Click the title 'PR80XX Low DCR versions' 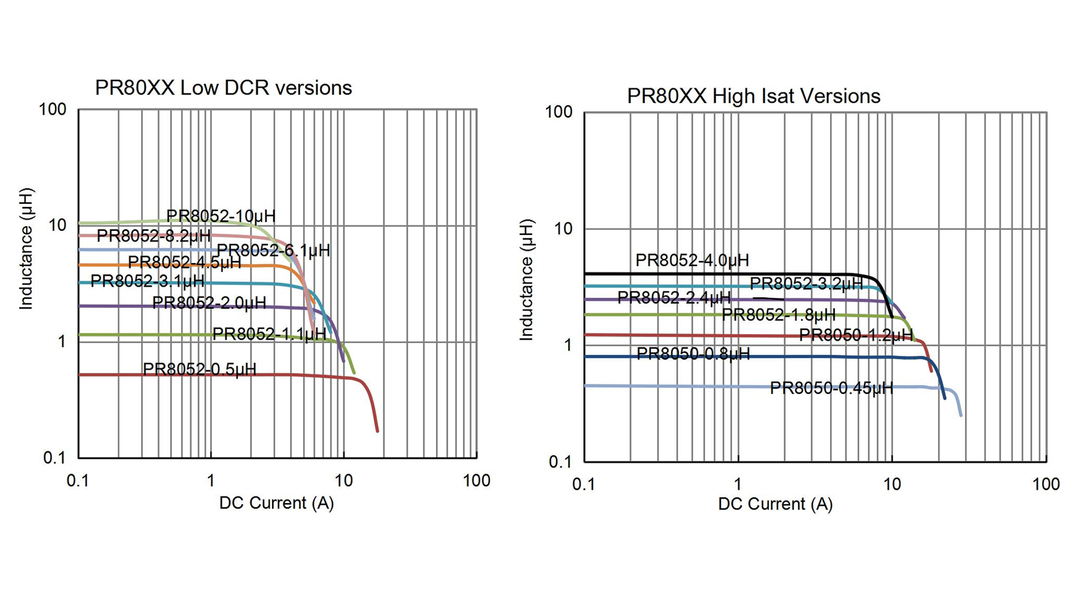click(x=224, y=88)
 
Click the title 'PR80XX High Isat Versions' click(x=753, y=96)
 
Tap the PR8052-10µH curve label click(x=221, y=216)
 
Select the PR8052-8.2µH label click(x=154, y=236)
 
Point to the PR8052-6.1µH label click(x=273, y=250)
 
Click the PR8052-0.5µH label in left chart click(x=199, y=369)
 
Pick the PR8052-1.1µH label click(x=270, y=334)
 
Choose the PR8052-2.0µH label click(x=209, y=303)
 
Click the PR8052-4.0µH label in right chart click(x=692, y=260)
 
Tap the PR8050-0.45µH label click(x=831, y=388)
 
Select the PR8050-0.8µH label click(x=693, y=354)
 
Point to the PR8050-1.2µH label click(x=856, y=335)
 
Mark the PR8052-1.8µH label click(x=778, y=315)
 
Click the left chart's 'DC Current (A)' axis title click(x=276, y=503)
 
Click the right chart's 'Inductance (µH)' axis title click(x=526, y=280)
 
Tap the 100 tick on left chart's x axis click(x=476, y=481)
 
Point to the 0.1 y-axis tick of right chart click(x=560, y=462)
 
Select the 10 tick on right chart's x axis click(x=892, y=484)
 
